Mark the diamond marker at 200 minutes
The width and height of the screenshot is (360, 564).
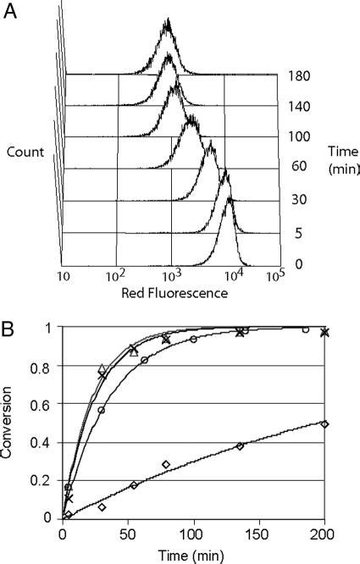coord(325,423)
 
